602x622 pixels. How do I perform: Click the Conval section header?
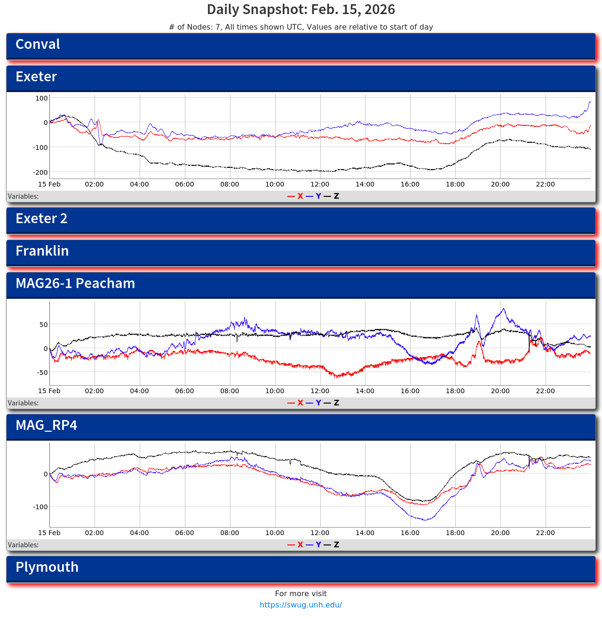click(x=38, y=45)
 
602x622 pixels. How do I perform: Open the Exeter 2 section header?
click(x=41, y=219)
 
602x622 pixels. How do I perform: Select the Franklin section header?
click(x=42, y=251)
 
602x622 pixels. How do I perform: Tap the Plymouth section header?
click(x=47, y=568)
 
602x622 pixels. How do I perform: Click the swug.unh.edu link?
click(x=301, y=605)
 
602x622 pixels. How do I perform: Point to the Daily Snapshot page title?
click(x=301, y=9)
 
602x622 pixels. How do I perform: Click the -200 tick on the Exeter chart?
click(x=40, y=172)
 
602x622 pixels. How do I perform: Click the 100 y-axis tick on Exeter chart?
click(x=42, y=98)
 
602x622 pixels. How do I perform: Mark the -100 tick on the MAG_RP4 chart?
click(x=40, y=507)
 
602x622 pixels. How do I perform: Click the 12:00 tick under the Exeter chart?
click(x=320, y=185)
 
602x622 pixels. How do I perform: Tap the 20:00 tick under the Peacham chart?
click(x=500, y=391)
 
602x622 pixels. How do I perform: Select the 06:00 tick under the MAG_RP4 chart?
click(x=184, y=533)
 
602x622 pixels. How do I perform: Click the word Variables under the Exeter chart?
click(x=23, y=196)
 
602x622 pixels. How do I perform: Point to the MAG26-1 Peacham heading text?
click(x=75, y=284)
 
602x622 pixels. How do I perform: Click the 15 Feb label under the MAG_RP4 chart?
click(x=49, y=533)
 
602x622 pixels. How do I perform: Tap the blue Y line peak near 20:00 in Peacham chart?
click(x=504, y=309)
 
